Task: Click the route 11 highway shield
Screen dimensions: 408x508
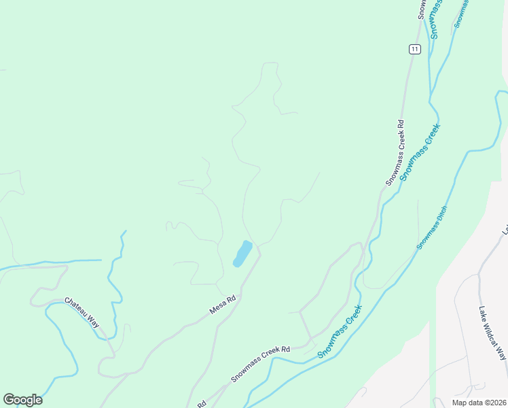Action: point(414,49)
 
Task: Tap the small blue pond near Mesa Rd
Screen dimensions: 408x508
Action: point(242,253)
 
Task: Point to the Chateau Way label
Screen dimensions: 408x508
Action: point(82,311)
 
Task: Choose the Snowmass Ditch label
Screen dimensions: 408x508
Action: point(432,227)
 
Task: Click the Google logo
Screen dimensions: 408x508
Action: point(22,400)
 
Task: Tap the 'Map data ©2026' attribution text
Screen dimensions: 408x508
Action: point(479,403)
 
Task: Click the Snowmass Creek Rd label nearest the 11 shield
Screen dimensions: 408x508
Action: point(395,154)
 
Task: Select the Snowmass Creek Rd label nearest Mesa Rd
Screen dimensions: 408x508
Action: point(260,364)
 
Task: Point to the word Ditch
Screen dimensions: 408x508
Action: point(441,214)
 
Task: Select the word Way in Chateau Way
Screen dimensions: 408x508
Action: point(94,320)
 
